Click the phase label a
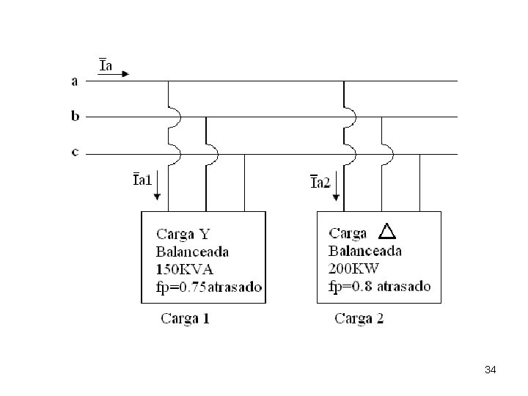74,81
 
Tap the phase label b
75,116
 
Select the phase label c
75,153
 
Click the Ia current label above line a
106,65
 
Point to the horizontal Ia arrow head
125,74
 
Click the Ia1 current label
142,180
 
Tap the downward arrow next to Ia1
157,186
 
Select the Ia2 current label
320,182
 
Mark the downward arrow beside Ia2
336,186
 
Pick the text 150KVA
185,269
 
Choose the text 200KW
353,268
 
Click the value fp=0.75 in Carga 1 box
181,287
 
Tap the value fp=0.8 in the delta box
351,286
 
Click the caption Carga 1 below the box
186,318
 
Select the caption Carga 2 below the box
359,318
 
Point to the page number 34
491,370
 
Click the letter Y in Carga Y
205,234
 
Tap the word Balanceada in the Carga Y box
192,252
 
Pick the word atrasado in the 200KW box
404,286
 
